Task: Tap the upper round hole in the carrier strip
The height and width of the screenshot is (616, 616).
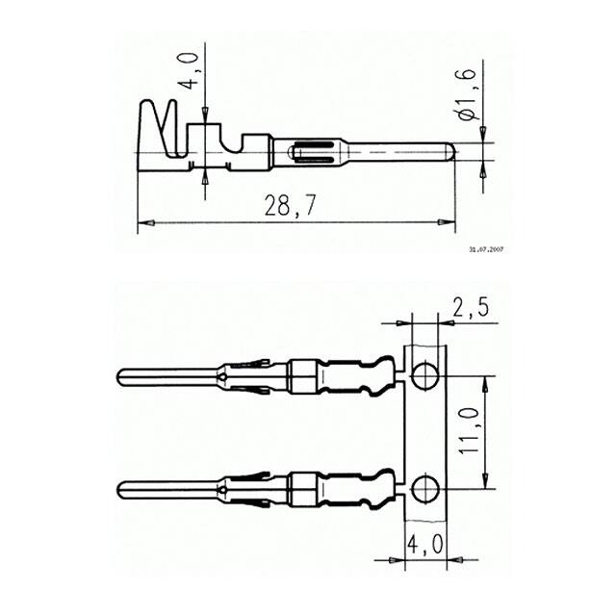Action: (424, 374)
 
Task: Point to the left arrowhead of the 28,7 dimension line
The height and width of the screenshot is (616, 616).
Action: (143, 223)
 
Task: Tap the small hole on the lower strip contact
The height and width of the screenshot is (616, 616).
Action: (222, 490)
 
